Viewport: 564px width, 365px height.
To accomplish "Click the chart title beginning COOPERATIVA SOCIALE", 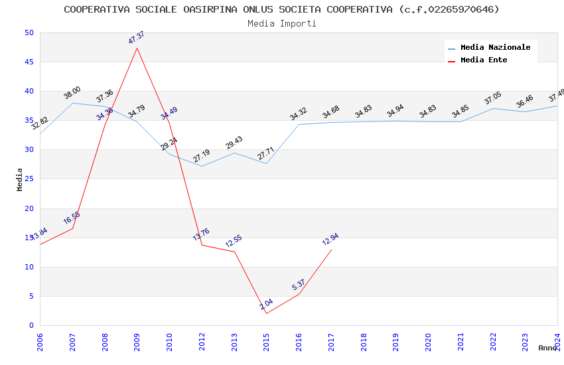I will pos(281,9).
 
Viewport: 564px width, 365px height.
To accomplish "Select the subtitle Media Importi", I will pos(281,23).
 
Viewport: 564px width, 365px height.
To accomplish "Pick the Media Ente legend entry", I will pos(484,60).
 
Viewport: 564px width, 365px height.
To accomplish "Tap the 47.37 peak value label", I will pos(136,38).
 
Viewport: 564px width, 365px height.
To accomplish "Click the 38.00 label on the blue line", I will pos(72,93).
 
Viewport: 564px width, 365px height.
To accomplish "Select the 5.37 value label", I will pos(299,285).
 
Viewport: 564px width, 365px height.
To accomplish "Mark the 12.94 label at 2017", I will pos(330,240).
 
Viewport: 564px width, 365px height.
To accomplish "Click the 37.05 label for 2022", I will pos(492,99).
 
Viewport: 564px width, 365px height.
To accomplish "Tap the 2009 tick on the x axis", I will pos(137,342).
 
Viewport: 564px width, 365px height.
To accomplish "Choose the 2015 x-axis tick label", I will pos(267,342).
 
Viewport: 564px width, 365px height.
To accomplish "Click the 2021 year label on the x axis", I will pos(460,342).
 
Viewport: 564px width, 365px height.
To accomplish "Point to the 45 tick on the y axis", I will pos(29,62).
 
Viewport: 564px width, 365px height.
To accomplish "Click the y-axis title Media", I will pos(20,179).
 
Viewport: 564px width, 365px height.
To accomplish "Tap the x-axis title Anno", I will pos(547,348).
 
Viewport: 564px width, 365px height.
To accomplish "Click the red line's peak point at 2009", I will pos(137,48).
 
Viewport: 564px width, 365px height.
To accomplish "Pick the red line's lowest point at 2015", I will pos(266,313).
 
